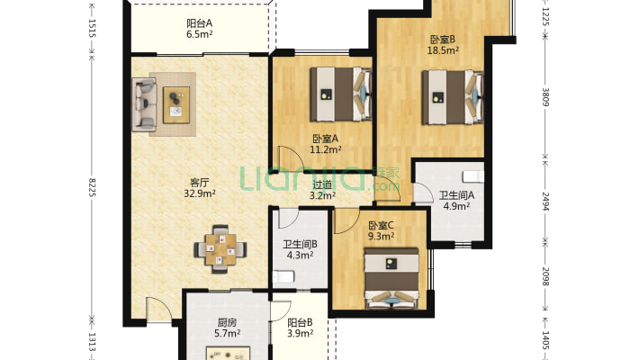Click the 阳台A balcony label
(199, 22)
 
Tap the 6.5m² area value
(199, 35)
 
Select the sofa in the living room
(144, 101)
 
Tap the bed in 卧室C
(392, 280)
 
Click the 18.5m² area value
(443, 51)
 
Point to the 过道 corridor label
(321, 184)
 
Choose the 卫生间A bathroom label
(457, 195)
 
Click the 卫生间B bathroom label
(300, 242)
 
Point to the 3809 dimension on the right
(545, 95)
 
